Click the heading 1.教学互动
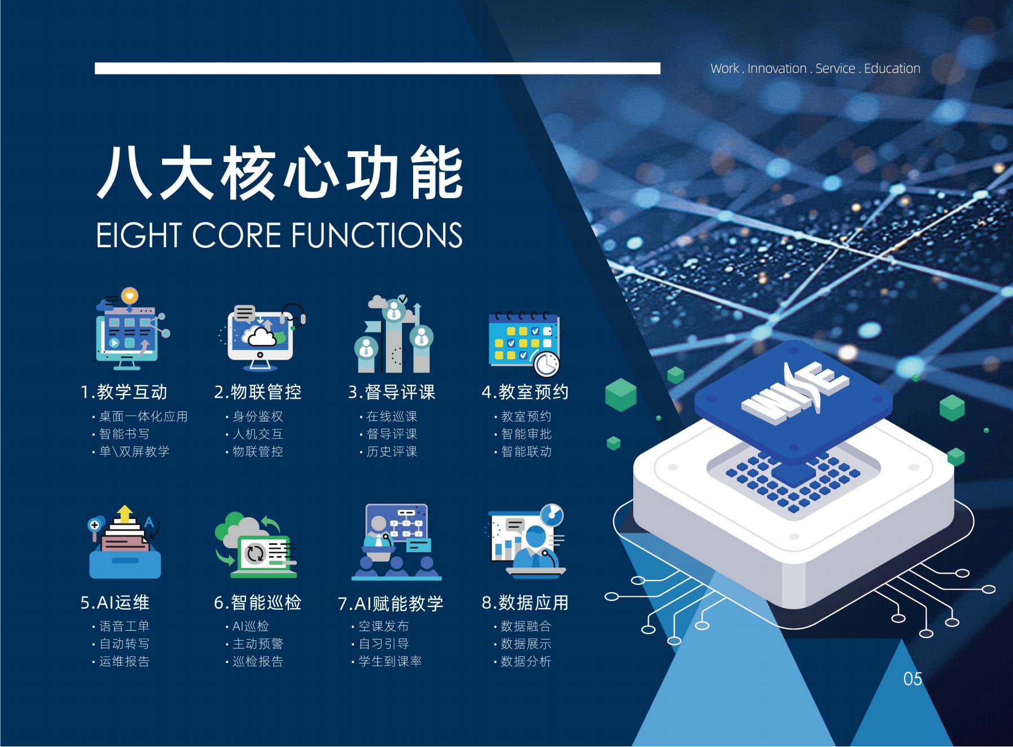click(124, 392)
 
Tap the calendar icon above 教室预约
click(524, 343)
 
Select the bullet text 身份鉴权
click(258, 417)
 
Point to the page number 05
click(913, 679)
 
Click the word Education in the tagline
click(892, 68)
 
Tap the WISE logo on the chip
click(794, 392)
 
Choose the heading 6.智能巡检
click(257, 602)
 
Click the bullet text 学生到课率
click(391, 661)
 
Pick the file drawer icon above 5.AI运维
click(125, 542)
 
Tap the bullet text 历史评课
click(392, 452)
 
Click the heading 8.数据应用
click(525, 602)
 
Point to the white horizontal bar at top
click(378, 68)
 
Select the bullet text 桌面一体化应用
click(143, 417)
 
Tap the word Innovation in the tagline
click(777, 68)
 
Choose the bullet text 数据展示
click(526, 644)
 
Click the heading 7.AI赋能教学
click(391, 604)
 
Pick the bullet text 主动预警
click(258, 644)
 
